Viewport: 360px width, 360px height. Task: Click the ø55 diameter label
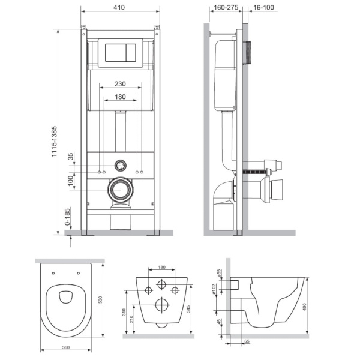coord(220,273)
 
